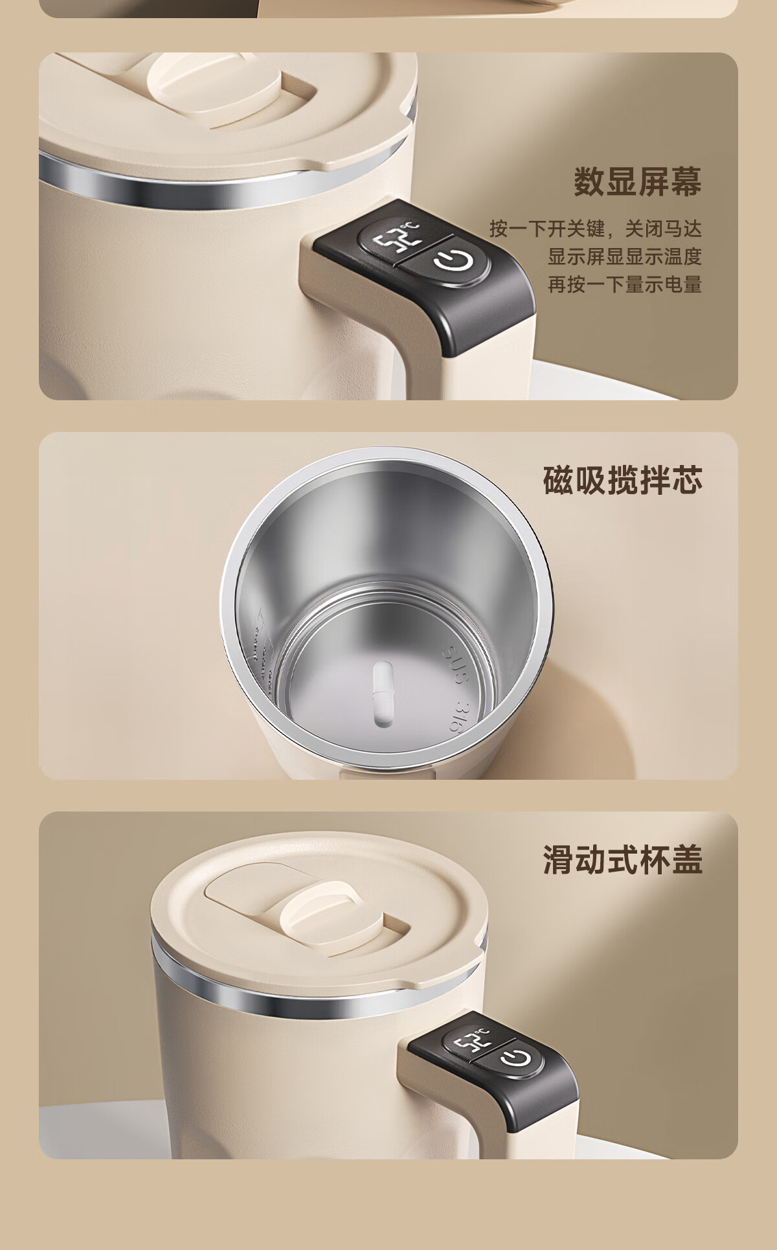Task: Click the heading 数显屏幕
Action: (637, 181)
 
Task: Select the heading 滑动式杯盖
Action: (622, 859)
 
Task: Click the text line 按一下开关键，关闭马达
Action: (595, 228)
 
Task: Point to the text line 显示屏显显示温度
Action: (625, 256)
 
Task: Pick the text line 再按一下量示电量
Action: (625, 284)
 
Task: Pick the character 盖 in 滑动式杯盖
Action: (686, 859)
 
